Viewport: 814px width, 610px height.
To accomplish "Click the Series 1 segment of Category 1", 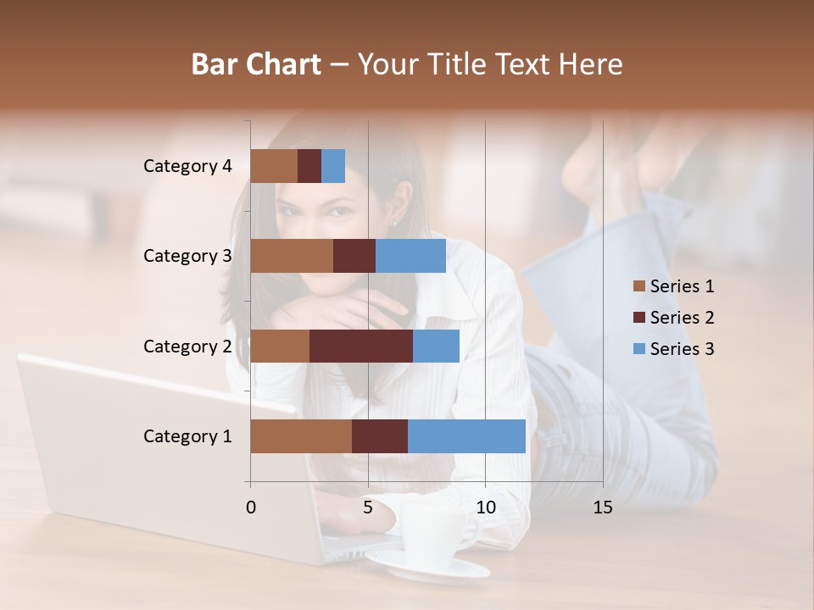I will pos(301,436).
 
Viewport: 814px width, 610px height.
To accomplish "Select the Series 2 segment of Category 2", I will pos(361,346).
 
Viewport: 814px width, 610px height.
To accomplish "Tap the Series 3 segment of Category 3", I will pos(410,256).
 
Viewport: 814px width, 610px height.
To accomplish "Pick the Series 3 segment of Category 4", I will pos(333,166).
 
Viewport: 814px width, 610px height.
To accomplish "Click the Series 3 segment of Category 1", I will pos(466,436).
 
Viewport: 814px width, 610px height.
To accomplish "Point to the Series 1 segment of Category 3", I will pos(292,256).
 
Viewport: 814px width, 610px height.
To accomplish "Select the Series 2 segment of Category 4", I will pos(309,166).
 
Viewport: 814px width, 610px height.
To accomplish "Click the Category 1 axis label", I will pos(187,436).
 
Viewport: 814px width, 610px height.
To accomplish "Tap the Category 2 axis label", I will pos(187,346).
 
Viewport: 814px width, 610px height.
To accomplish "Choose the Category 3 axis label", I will pos(187,256).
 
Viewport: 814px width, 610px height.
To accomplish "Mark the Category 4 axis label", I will pos(187,166).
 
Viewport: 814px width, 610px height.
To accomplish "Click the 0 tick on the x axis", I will pos(251,507).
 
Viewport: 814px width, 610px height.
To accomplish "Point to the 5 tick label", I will pos(368,507).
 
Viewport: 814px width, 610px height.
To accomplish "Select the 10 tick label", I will pos(485,507).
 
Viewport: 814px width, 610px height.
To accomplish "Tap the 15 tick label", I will pos(603,507).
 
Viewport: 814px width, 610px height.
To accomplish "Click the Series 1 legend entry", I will pos(674,286).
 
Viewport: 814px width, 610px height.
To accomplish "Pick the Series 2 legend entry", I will pos(674,318).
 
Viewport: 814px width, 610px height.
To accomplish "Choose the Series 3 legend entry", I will pos(674,349).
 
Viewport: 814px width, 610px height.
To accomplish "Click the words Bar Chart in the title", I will pos(256,64).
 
